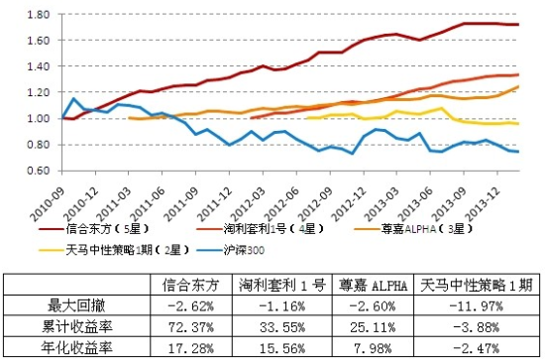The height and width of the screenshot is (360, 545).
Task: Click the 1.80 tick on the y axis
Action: coord(38,16)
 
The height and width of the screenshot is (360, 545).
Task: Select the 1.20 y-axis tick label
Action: coord(38,92)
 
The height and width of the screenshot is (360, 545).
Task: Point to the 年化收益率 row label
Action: coord(84,346)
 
